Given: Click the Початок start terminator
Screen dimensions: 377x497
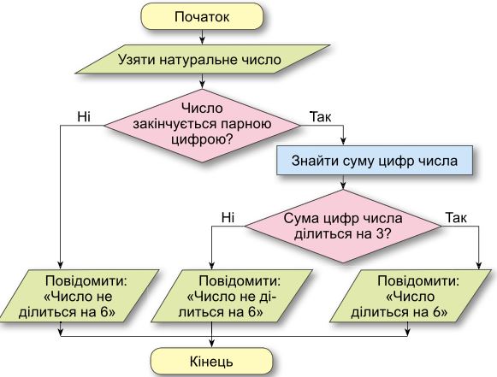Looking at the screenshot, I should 202,16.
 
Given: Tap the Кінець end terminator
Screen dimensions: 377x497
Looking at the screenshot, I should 202,360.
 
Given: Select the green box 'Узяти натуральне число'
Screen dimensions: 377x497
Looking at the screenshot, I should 203,61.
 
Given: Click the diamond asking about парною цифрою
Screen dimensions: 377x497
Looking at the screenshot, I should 202,124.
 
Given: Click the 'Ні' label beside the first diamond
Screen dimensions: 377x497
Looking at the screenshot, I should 84,115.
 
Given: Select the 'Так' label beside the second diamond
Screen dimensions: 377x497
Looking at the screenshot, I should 456,217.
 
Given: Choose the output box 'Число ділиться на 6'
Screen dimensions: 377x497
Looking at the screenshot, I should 417,296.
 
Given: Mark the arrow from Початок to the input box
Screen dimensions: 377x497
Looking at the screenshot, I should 202,37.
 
